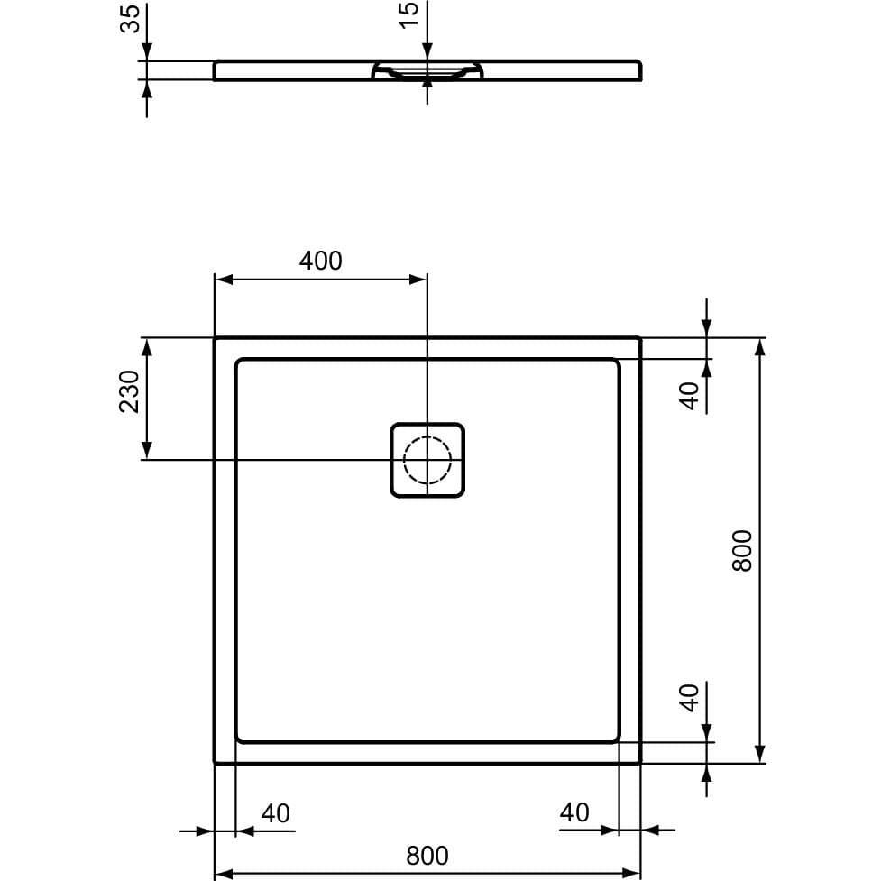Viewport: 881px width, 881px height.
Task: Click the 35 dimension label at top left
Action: click(131, 19)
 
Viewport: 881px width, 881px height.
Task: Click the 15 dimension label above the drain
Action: click(409, 14)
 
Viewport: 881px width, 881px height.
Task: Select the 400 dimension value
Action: click(320, 261)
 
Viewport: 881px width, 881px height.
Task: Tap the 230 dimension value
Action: click(130, 391)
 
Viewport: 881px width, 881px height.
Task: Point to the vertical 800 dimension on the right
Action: click(741, 550)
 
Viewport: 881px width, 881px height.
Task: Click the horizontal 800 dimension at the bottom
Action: click(427, 854)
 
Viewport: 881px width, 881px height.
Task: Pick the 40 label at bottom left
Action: click(275, 813)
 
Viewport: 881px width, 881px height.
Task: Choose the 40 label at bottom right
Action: click(574, 812)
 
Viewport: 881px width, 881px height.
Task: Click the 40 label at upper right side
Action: click(690, 395)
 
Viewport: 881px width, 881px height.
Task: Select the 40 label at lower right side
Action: click(690, 697)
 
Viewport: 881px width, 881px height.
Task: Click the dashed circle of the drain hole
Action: click(427, 460)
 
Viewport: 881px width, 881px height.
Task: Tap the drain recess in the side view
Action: click(427, 71)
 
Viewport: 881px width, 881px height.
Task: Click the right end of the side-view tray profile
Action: click(638, 70)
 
